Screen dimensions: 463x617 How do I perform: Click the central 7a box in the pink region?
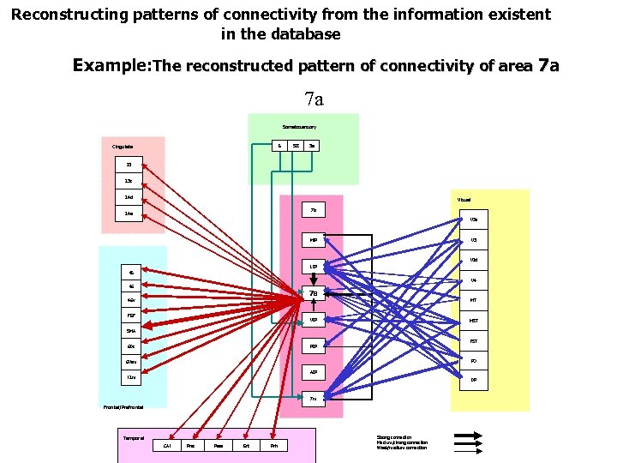[314, 293]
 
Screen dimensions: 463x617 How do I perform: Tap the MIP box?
[314, 239]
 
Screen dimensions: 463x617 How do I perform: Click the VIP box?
[314, 320]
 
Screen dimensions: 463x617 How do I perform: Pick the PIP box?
[314, 346]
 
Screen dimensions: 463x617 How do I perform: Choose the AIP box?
[314, 373]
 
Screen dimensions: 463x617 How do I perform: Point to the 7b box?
[314, 210]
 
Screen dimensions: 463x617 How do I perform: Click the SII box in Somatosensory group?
[296, 146]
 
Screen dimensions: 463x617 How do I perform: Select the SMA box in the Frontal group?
[131, 331]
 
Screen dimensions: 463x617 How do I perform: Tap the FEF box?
[131, 316]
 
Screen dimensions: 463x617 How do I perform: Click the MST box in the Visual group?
[474, 321]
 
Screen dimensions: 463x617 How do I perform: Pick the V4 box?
[474, 280]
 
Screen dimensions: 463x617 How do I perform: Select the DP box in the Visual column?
[474, 381]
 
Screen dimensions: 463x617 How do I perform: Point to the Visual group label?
[464, 199]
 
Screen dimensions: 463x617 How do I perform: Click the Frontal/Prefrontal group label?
[114, 408]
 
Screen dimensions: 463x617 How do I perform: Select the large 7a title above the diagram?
[313, 100]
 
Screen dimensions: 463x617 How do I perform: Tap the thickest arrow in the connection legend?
[467, 436]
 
